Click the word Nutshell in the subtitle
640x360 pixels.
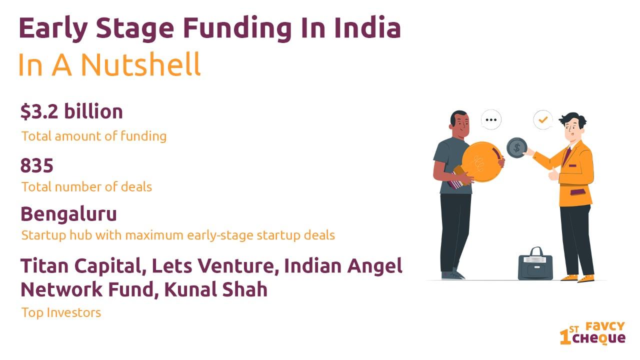(140, 64)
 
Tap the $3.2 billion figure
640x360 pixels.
(71, 111)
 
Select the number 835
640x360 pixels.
(37, 165)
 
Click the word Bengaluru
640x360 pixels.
(68, 214)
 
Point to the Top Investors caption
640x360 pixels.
(61, 312)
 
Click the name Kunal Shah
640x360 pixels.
(215, 289)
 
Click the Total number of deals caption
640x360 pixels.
(86, 187)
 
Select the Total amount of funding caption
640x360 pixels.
(94, 136)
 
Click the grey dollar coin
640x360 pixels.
(516, 147)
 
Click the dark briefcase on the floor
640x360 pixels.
(535, 264)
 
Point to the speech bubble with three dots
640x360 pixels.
(491, 119)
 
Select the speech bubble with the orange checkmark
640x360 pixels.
(543, 119)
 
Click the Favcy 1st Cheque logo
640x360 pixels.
(592, 333)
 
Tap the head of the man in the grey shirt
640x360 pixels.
(459, 124)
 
